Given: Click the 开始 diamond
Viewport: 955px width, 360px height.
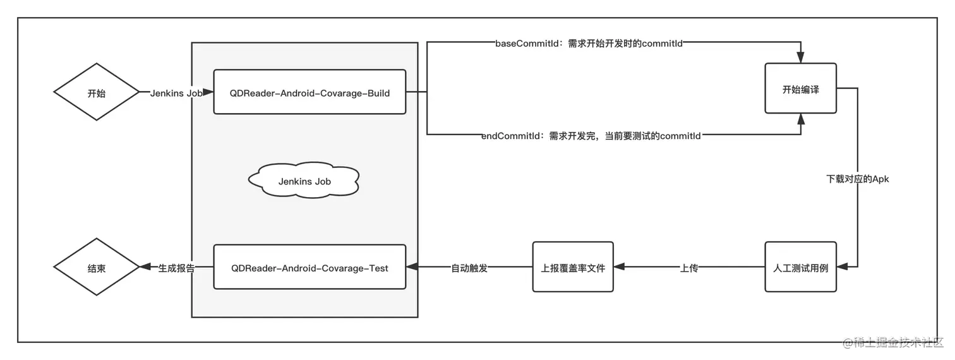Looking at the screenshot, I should pyautogui.click(x=96, y=92).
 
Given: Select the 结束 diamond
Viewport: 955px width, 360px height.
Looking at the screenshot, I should pyautogui.click(x=96, y=268).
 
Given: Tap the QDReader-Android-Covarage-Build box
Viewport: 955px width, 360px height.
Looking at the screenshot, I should pyautogui.click(x=309, y=92).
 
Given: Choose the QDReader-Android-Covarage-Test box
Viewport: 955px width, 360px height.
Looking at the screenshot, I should pyautogui.click(x=309, y=268).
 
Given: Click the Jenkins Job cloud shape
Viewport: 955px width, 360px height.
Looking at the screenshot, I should pyautogui.click(x=304, y=181).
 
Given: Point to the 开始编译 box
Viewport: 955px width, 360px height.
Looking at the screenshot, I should pyautogui.click(x=800, y=89).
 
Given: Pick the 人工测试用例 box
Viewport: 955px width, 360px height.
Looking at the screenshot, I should pyautogui.click(x=800, y=268).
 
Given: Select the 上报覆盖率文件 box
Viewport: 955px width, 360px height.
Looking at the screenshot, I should pyautogui.click(x=573, y=268).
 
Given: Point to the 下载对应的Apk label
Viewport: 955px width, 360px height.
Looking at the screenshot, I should pyautogui.click(x=857, y=179).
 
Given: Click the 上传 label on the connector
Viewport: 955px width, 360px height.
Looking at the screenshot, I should pyautogui.click(x=688, y=268).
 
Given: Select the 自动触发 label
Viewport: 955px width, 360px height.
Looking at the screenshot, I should pyautogui.click(x=469, y=268).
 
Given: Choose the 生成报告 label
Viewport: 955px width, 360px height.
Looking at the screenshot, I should pyautogui.click(x=176, y=268).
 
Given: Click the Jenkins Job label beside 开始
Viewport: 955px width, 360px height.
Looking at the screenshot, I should pyautogui.click(x=176, y=92).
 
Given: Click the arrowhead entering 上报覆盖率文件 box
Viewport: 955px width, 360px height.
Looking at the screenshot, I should pyautogui.click(x=619, y=268).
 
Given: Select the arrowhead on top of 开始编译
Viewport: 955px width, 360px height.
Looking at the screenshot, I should pyautogui.click(x=800, y=57).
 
